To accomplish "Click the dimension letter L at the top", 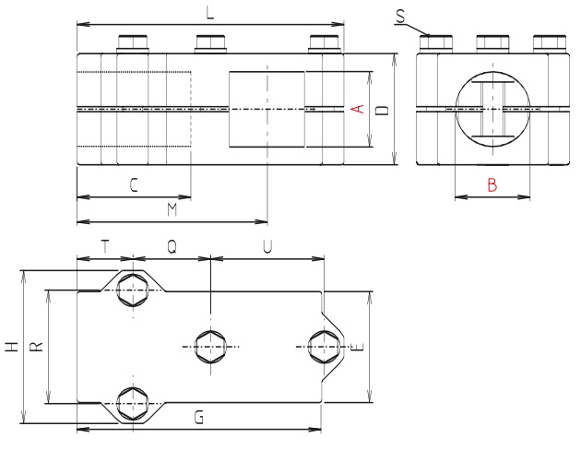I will [212, 14].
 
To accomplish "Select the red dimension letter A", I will [361, 110].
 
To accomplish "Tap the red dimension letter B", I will [492, 185].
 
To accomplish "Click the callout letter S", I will [399, 16].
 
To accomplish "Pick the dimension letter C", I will [134, 185].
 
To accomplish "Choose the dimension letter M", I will [172, 211].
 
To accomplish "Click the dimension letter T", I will [105, 246].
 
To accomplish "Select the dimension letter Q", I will [172, 246].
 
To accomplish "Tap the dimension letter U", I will [267, 246].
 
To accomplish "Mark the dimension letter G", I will [199, 418].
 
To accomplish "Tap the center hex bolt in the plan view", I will [211, 347].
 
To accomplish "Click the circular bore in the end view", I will [492, 110].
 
